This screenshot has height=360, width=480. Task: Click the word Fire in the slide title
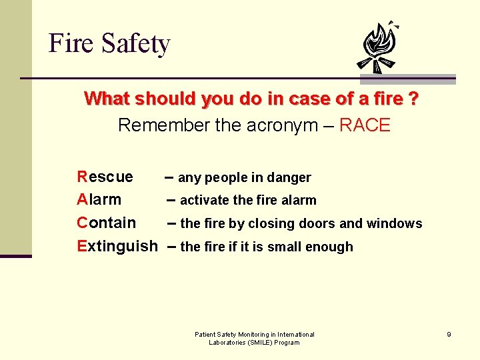(71, 44)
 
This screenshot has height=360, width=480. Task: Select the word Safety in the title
(135, 45)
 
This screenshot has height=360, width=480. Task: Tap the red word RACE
(365, 125)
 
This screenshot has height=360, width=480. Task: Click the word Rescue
(105, 177)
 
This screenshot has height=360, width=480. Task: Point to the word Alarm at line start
(99, 199)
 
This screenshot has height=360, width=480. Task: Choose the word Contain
(107, 223)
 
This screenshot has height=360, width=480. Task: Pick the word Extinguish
(117, 246)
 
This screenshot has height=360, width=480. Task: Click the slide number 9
(449, 334)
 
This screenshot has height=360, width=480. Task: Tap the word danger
(290, 178)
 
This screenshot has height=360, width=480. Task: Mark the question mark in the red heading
(414, 99)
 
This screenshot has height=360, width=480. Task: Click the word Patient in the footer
(205, 334)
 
